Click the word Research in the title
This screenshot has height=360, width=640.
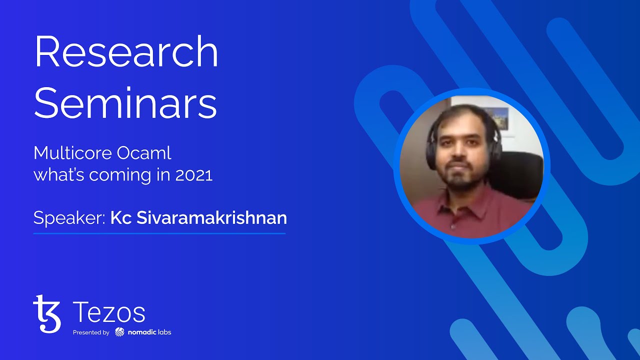pos(126,52)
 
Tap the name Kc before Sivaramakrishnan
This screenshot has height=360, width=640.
pos(119,218)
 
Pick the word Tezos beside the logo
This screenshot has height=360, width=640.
pos(109,313)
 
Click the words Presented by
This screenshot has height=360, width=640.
pos(91,332)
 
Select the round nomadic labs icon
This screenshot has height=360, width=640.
pos(119,332)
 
